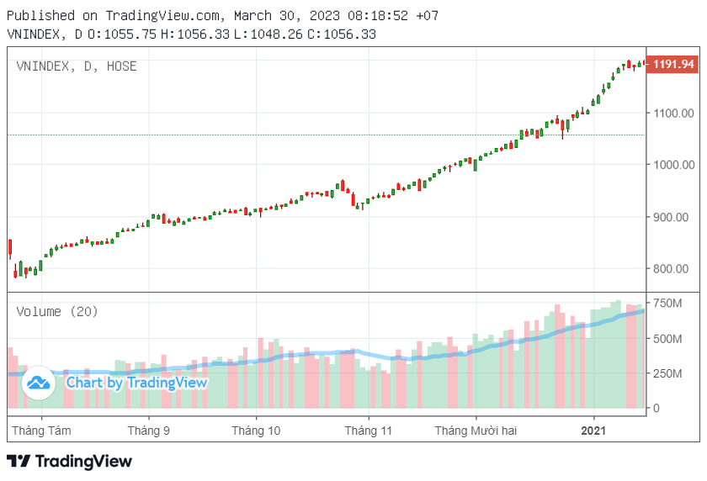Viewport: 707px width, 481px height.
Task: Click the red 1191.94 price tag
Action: point(673,64)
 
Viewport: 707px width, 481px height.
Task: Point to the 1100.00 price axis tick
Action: point(673,113)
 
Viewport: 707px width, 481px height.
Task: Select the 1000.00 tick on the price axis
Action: point(673,165)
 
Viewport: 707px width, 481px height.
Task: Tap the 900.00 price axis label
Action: point(673,217)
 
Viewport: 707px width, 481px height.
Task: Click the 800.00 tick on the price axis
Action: point(673,269)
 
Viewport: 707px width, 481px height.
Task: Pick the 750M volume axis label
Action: point(668,303)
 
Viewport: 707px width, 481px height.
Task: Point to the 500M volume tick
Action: point(668,339)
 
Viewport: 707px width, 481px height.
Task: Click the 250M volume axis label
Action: point(668,374)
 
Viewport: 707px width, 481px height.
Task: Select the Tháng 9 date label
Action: point(148,431)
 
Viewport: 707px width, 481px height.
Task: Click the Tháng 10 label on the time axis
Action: point(256,431)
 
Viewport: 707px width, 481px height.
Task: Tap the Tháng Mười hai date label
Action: point(476,431)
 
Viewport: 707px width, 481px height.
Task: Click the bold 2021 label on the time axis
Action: point(594,431)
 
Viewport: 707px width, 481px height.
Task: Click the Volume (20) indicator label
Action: point(57,312)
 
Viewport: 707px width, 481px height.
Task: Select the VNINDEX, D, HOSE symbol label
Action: point(77,66)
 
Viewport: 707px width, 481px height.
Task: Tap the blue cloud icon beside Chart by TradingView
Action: point(38,383)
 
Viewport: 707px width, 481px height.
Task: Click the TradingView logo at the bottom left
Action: point(69,461)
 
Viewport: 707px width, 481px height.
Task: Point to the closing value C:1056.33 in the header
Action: point(342,34)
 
